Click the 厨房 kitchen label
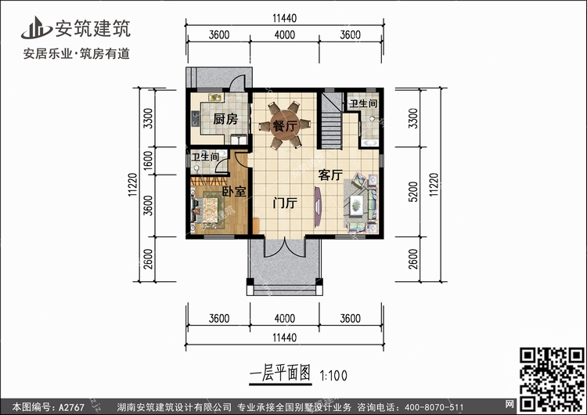point(225,119)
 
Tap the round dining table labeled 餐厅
point(285,125)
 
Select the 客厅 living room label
point(330,175)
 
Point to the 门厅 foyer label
point(285,203)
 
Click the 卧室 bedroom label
point(234,191)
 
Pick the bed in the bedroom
point(205,211)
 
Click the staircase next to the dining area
point(330,121)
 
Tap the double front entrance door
point(285,247)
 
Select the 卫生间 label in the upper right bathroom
point(362,103)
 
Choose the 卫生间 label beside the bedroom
point(205,156)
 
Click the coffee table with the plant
point(356,206)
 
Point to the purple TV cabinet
point(318,207)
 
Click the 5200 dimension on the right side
point(412,192)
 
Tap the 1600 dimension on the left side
point(148,161)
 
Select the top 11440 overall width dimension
point(285,18)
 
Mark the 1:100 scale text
point(333,375)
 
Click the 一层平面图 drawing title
point(280,373)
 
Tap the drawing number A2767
point(71,406)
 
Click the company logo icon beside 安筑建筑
point(36,27)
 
